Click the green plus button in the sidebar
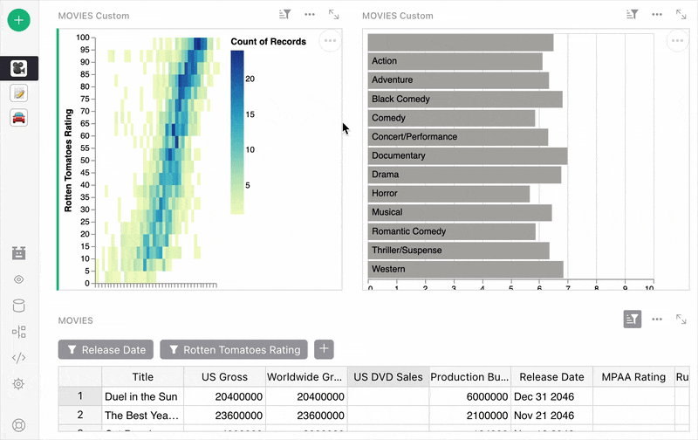(x=20, y=19)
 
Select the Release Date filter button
(x=106, y=350)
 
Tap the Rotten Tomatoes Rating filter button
(x=233, y=350)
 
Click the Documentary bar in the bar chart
(x=468, y=155)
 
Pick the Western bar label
(x=388, y=269)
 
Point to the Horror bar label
(x=384, y=193)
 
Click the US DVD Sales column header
(x=388, y=377)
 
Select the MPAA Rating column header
(x=633, y=377)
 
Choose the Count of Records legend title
(x=268, y=42)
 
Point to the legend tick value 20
(x=250, y=79)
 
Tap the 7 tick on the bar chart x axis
(x=568, y=287)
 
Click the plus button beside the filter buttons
(x=324, y=349)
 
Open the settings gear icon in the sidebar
(x=19, y=384)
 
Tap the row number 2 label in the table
(x=80, y=416)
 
